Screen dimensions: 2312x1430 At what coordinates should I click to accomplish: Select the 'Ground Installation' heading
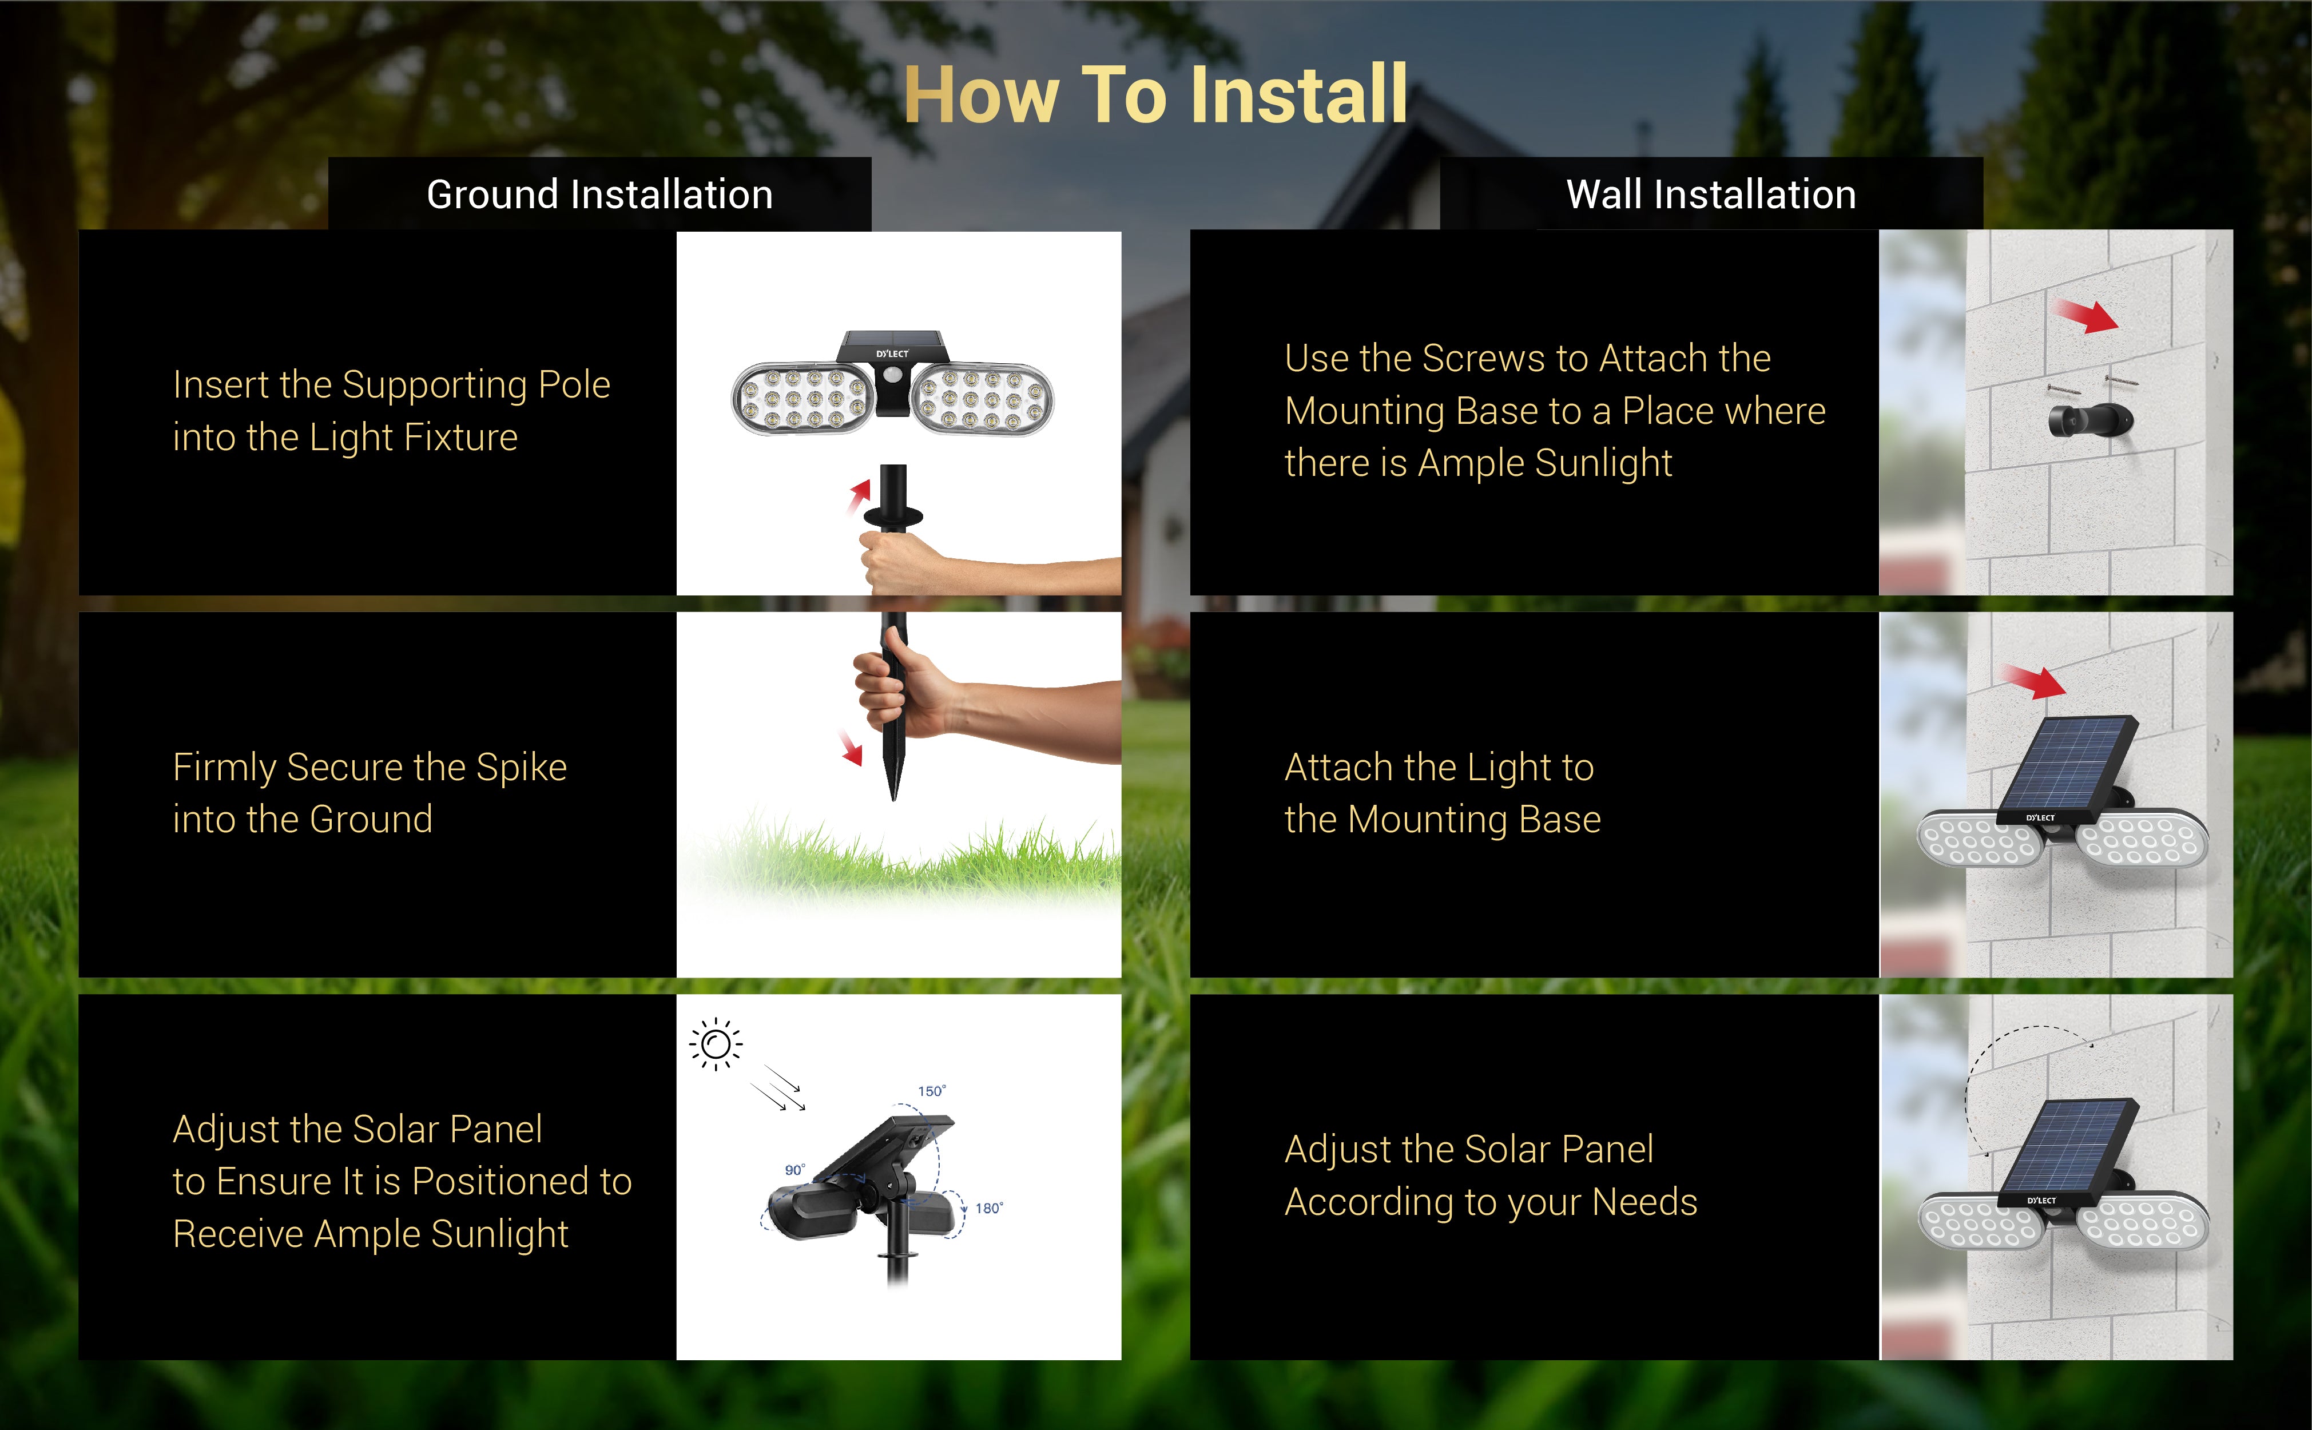[x=599, y=194]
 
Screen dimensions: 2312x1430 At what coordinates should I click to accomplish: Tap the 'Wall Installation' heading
[x=1711, y=194]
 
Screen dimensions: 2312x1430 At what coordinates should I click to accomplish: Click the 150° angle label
[x=931, y=1091]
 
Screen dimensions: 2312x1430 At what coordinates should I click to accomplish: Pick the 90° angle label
[x=795, y=1170]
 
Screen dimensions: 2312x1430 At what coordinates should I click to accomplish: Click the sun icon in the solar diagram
[x=716, y=1044]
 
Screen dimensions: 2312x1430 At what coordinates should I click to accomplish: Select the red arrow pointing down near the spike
[x=851, y=747]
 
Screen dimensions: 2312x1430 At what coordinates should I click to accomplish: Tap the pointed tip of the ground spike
[x=893, y=799]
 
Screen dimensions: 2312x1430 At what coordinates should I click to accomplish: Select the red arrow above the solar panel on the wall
[x=2035, y=681]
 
